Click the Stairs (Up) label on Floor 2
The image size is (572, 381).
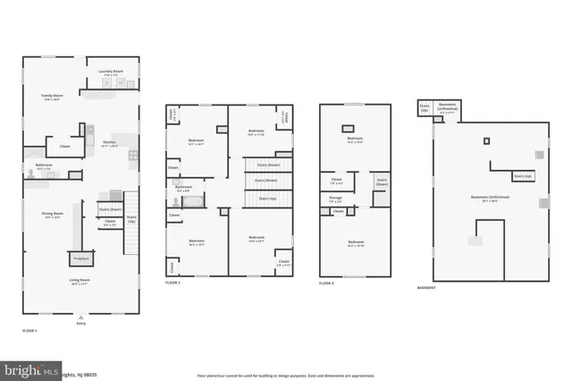(x=266, y=198)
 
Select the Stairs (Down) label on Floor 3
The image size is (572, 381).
(x=382, y=182)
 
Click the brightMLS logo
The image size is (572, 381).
(x=30, y=368)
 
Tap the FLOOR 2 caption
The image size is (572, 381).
(x=172, y=283)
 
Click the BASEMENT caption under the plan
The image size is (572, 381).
(x=427, y=287)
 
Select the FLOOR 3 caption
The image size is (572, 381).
(x=327, y=283)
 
